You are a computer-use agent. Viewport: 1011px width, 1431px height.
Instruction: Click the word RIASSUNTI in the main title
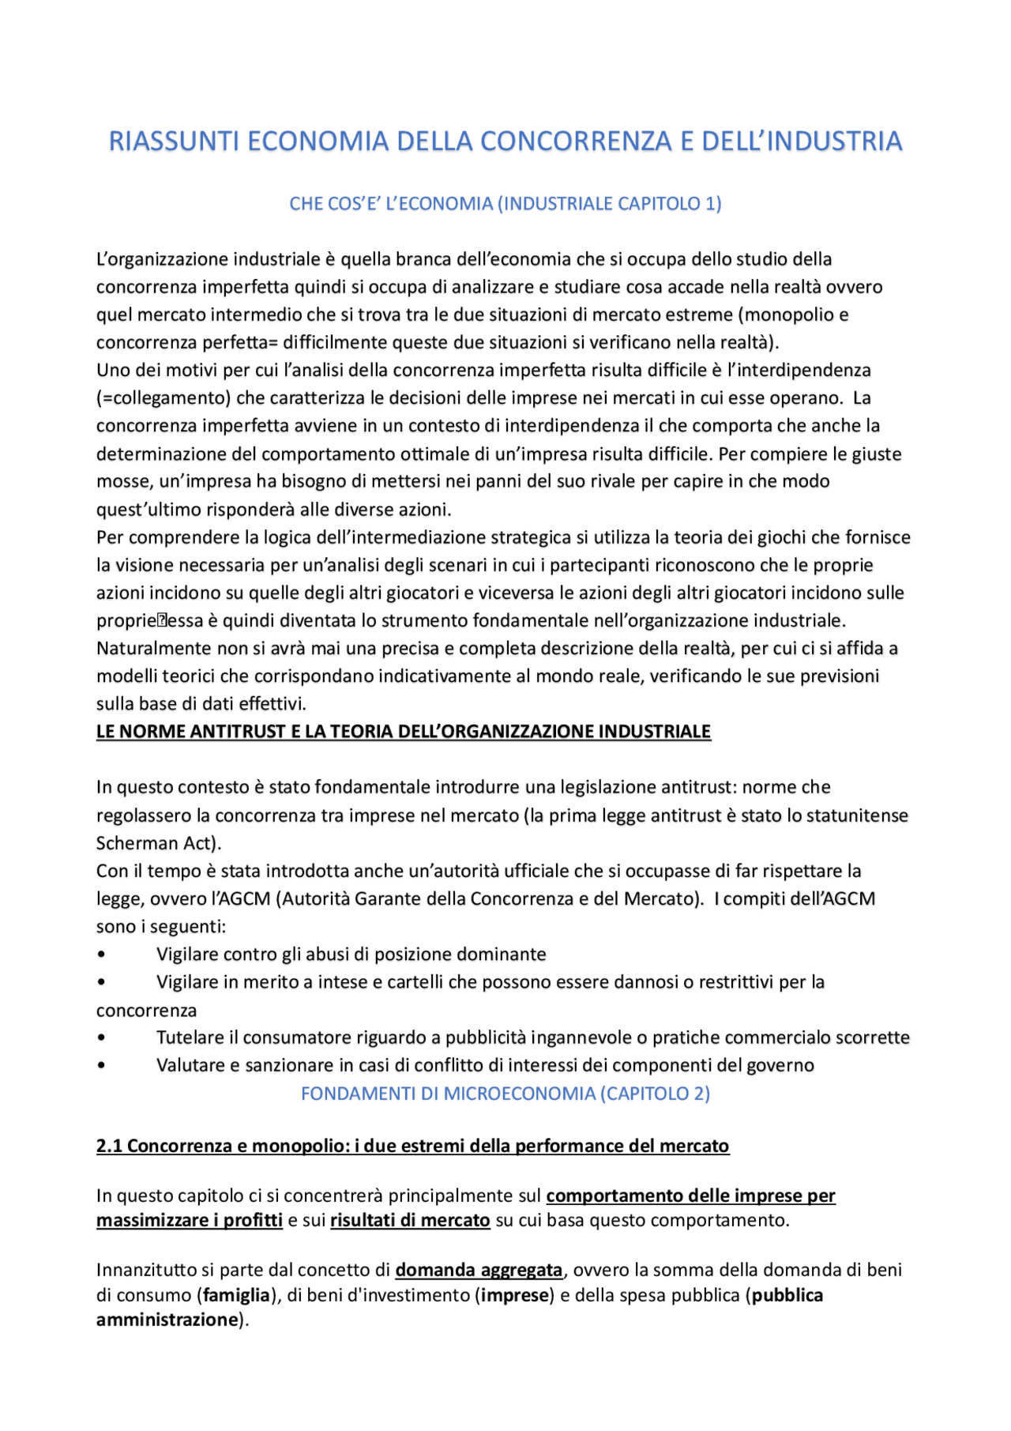173,141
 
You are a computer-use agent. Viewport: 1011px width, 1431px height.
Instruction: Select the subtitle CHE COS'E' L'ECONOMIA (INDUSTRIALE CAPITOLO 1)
505,204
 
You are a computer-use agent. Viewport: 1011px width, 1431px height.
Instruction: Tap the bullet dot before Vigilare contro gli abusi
101,955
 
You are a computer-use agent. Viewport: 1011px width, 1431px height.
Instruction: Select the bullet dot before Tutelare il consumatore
101,1037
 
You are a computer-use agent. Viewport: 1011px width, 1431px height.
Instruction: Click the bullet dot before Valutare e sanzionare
101,1065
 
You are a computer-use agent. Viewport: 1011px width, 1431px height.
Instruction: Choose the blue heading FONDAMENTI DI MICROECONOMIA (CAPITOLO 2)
505,1094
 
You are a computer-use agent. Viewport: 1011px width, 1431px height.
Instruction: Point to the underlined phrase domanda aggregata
479,1271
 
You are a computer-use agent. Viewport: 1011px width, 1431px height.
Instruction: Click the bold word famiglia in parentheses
236,1296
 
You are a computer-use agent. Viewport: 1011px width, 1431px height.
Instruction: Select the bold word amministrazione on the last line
167,1320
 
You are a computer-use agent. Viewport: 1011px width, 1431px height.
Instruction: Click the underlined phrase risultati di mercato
410,1221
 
